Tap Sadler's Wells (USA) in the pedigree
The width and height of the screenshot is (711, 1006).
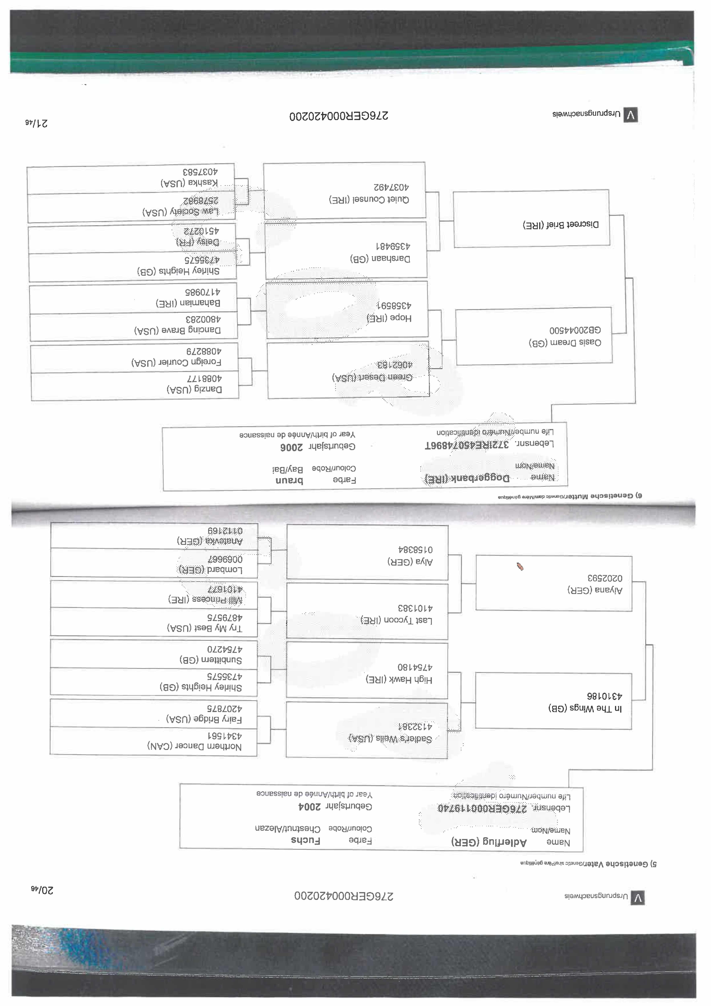pos(390,739)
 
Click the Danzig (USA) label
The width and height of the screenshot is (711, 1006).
pos(194,389)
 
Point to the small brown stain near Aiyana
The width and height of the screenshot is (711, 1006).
pos(520,567)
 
